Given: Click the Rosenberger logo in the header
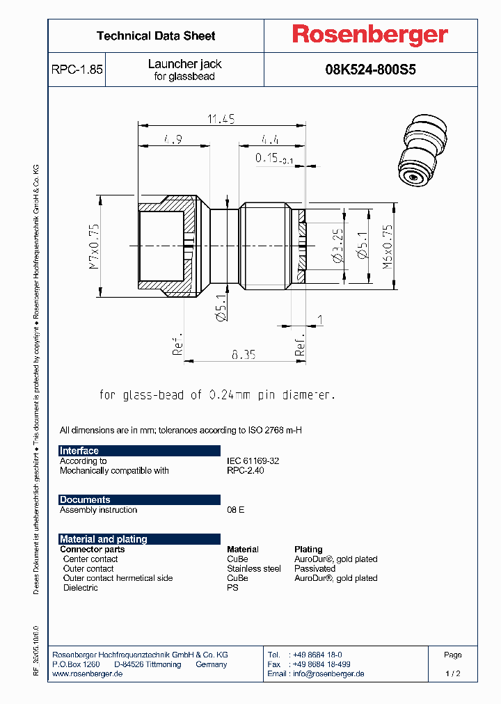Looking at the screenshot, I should click(x=370, y=35).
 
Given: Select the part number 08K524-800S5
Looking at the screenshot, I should click(x=370, y=70).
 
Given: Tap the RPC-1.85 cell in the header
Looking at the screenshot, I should click(x=77, y=70).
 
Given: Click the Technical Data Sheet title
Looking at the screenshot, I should click(x=156, y=36).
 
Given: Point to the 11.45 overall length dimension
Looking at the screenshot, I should click(x=221, y=120).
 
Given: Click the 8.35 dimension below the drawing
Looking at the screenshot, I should click(x=244, y=354).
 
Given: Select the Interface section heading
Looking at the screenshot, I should click(x=79, y=451).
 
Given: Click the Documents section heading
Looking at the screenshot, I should click(x=85, y=499).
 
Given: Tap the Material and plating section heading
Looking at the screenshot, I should click(x=104, y=539).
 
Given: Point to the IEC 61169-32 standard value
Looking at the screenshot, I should click(x=253, y=461).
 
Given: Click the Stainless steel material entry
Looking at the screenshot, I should click(x=253, y=568).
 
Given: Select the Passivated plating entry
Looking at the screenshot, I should click(x=315, y=568).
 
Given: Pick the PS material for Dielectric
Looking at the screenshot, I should click(x=232, y=588).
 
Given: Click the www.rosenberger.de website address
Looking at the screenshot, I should click(x=88, y=673).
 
